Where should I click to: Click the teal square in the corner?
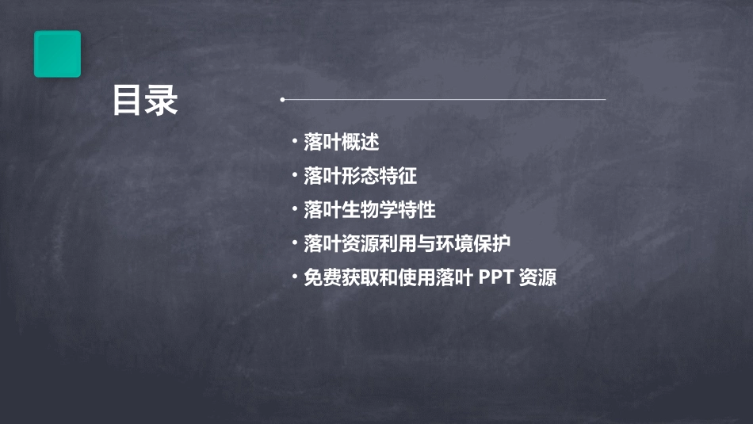pos(57,54)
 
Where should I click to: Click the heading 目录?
pos(145,101)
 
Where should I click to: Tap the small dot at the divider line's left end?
pos(282,100)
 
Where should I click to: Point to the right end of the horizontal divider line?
pos(604,100)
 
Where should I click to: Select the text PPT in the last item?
pos(495,278)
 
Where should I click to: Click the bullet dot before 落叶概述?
pos(295,143)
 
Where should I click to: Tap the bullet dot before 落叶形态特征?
pos(295,176)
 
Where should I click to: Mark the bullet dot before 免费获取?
pos(295,278)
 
